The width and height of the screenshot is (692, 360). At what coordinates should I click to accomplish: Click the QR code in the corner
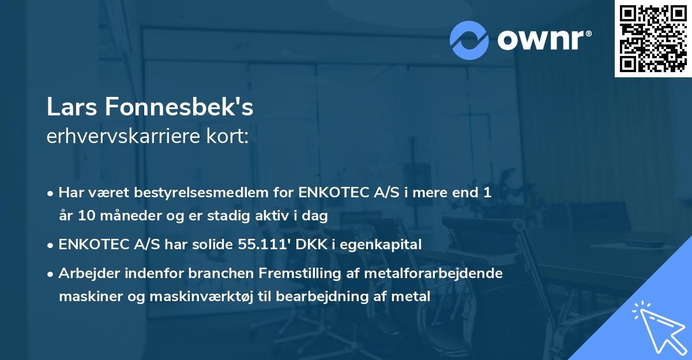pyautogui.click(x=653, y=39)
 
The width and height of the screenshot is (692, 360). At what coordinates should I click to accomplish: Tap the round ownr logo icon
pyautogui.click(x=469, y=40)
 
